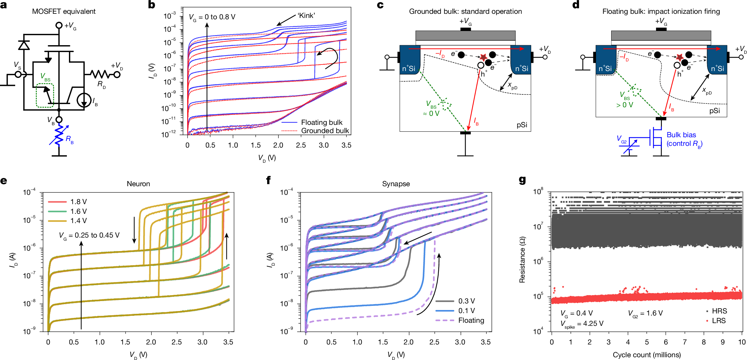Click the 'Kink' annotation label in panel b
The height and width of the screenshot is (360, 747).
tap(306, 16)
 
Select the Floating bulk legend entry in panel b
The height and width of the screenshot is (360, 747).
tap(321, 122)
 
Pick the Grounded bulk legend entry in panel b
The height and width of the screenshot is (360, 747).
tap(325, 131)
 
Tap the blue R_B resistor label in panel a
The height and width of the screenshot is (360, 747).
tap(69, 139)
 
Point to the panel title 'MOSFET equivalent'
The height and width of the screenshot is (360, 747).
tap(64, 11)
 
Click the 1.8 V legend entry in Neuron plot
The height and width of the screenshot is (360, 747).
tap(78, 202)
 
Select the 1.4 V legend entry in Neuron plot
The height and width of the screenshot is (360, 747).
tap(78, 221)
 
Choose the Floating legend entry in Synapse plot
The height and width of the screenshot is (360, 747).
tap(471, 320)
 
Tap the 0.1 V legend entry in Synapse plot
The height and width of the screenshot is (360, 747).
tap(466, 311)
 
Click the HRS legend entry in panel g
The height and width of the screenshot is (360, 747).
tap(719, 311)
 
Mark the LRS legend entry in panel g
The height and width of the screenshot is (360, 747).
tap(719, 321)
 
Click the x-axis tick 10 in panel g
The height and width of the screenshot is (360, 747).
tap(742, 342)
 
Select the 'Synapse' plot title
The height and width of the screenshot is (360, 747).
tap(396, 184)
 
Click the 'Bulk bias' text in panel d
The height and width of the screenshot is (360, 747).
tap(681, 135)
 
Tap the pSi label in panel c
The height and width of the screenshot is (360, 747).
tap(522, 125)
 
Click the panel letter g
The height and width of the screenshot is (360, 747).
tap(522, 180)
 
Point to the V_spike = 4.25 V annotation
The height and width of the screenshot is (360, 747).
tap(582, 324)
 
